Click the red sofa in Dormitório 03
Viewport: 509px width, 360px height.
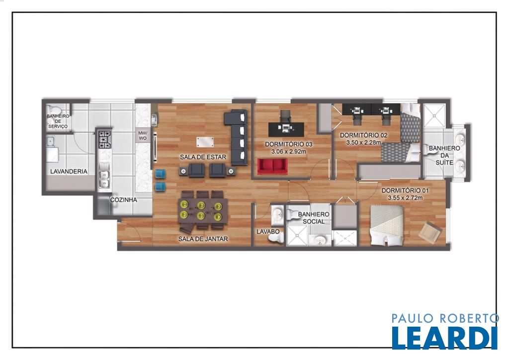pyautogui.click(x=273, y=166)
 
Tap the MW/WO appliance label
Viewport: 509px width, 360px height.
pyautogui.click(x=143, y=135)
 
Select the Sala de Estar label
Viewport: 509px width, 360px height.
pyautogui.click(x=203, y=157)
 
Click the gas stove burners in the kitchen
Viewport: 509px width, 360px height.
pyautogui.click(x=105, y=140)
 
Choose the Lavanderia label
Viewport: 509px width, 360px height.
pyautogui.click(x=69, y=172)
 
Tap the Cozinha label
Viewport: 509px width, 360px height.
pyautogui.click(x=124, y=200)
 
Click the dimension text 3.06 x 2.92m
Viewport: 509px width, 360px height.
pyautogui.click(x=289, y=151)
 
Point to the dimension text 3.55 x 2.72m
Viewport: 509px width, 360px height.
pyautogui.click(x=405, y=198)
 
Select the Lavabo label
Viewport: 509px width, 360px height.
pyautogui.click(x=268, y=232)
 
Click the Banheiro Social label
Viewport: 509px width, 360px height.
pyautogui.click(x=314, y=218)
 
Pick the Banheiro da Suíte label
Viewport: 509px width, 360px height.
pyautogui.click(x=444, y=155)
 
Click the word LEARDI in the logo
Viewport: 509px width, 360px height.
pyautogui.click(x=444, y=338)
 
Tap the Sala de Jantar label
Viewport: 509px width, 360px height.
pyautogui.click(x=203, y=239)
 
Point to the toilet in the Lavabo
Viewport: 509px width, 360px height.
pyautogui.click(x=275, y=238)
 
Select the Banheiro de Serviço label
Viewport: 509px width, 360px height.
pyautogui.click(x=58, y=121)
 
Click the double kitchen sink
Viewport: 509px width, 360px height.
pyautogui.click(x=104, y=179)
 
